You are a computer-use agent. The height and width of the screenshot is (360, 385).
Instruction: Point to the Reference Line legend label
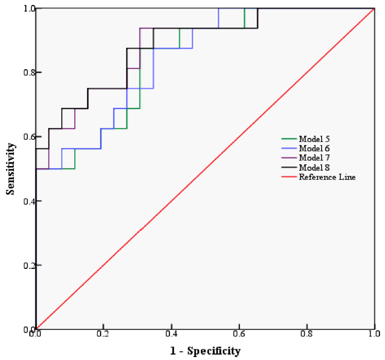327,176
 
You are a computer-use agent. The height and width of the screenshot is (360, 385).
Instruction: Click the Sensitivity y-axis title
10,169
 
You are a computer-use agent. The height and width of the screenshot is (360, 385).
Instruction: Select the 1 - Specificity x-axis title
205,351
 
